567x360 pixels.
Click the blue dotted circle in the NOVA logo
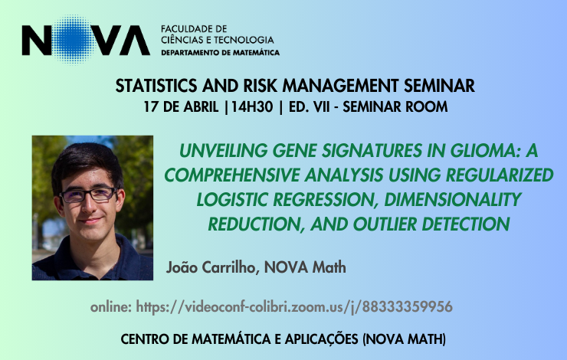pyautogui.click(x=74, y=39)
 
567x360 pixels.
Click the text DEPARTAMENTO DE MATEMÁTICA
pyautogui.click(x=220, y=53)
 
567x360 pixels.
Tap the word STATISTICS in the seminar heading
pyautogui.click(x=156, y=86)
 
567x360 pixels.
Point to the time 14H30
pyautogui.click(x=252, y=107)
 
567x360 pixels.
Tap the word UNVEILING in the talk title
pyautogui.click(x=223, y=151)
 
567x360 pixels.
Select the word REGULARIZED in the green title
pyautogui.click(x=500, y=175)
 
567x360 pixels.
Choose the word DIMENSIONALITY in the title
pyautogui.click(x=452, y=199)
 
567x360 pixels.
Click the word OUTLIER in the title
pyautogui.click(x=385, y=224)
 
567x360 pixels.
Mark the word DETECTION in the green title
pyautogui.click(x=466, y=224)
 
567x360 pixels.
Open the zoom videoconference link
pyautogui.click(x=294, y=307)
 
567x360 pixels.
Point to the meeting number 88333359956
pyautogui.click(x=407, y=307)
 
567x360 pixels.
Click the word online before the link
pyautogui.click(x=111, y=307)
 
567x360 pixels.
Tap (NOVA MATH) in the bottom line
pyautogui.click(x=404, y=339)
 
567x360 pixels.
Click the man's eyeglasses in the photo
pyautogui.click(x=89, y=195)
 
